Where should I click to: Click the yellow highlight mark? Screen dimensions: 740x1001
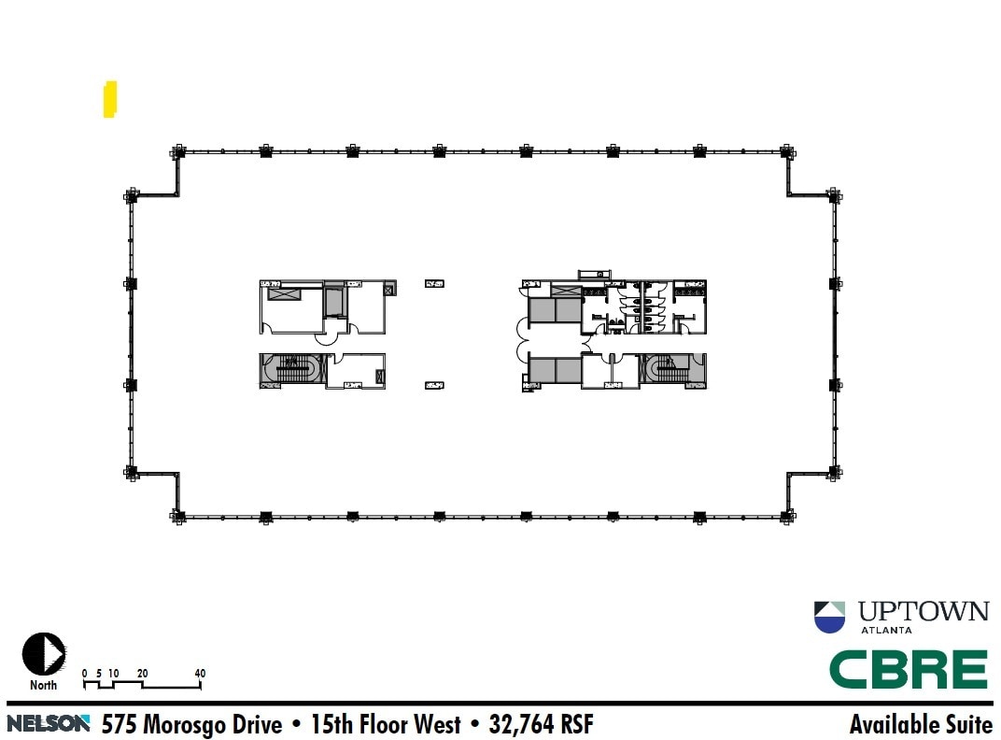110,100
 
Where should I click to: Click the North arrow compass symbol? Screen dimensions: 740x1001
43,654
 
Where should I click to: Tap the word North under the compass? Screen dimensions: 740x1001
43,685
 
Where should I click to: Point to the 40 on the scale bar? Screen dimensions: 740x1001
200,674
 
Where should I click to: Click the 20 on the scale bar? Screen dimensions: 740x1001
142,674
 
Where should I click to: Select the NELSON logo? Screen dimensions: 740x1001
49,723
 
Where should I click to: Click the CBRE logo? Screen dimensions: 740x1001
909,669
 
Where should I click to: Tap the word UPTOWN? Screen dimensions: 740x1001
923,612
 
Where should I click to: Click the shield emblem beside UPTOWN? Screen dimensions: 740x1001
829,618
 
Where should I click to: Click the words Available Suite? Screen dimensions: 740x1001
921,724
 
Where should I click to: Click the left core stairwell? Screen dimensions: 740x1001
291,370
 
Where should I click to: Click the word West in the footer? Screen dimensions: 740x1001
436,724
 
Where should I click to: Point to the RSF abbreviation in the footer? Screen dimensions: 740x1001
575,724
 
